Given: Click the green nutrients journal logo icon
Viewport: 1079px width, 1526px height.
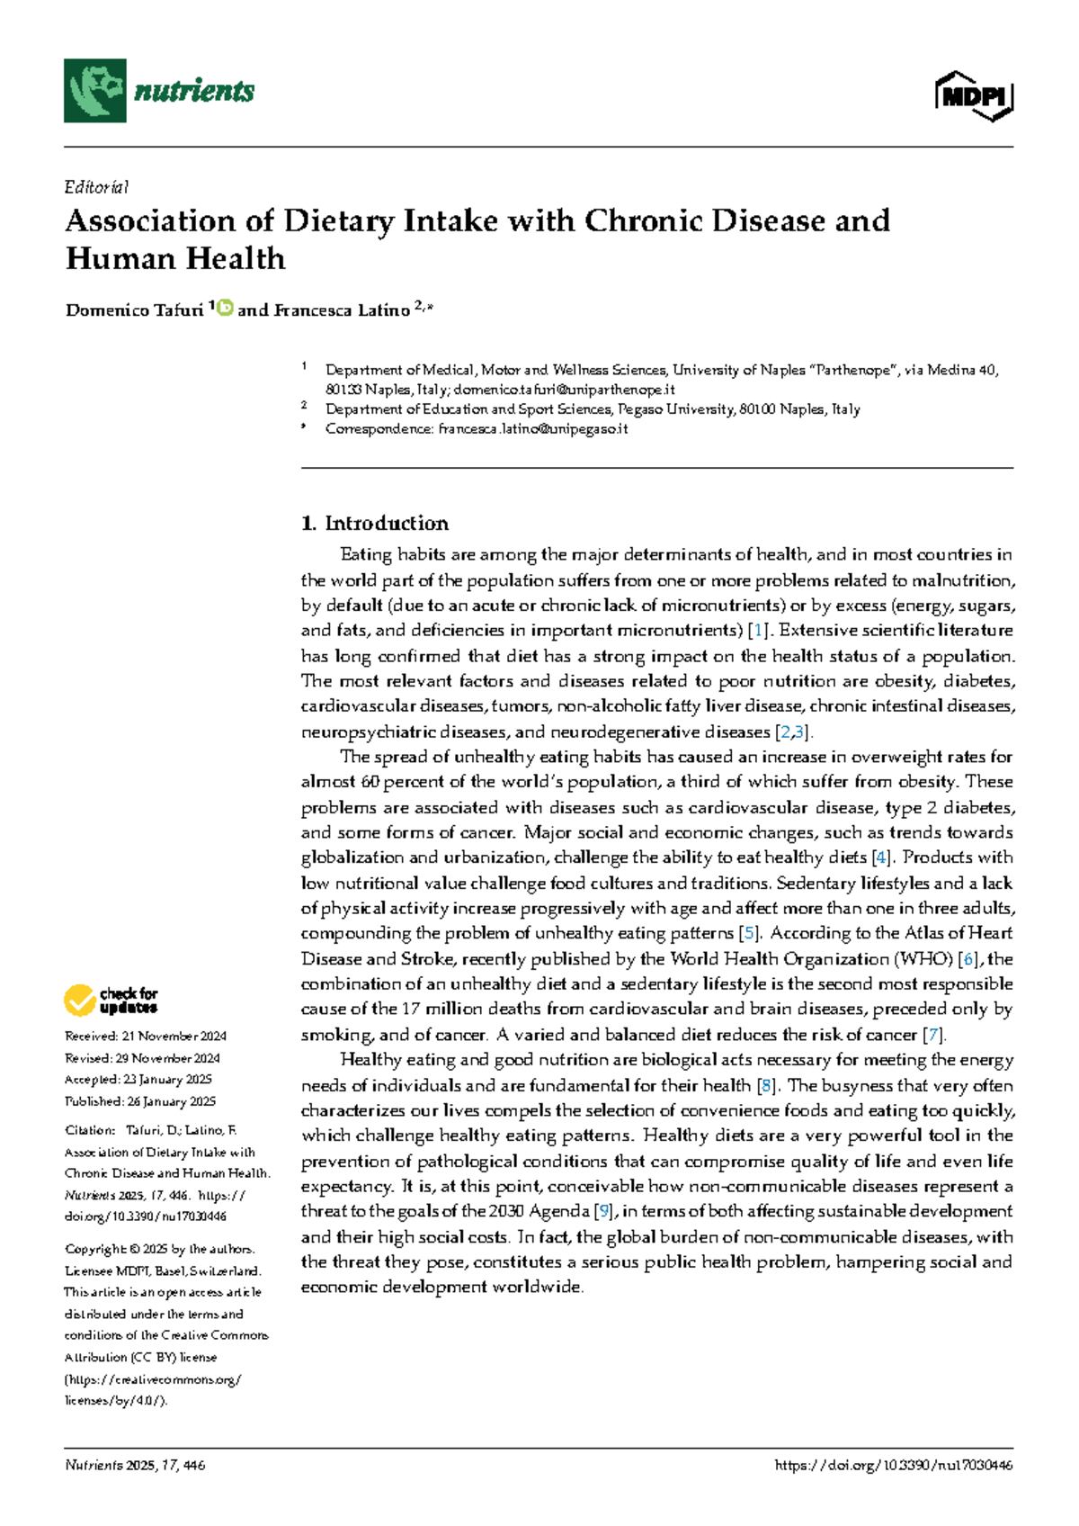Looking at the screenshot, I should coord(94,90).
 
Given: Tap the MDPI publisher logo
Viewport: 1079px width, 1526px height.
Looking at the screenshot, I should coord(974,95).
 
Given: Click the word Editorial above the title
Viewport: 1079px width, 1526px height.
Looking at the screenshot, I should coord(96,187).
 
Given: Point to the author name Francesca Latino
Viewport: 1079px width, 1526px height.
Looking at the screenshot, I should coord(342,310).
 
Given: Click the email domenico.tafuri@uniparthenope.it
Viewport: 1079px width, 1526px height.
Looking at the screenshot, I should coord(564,390).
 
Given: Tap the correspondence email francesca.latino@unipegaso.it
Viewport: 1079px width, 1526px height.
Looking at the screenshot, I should coord(532,429).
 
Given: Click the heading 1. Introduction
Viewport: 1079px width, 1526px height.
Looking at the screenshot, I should coord(375,523).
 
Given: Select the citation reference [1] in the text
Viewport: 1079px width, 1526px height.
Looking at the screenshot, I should coord(760,631).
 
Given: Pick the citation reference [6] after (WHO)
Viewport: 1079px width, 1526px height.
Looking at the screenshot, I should coord(968,959).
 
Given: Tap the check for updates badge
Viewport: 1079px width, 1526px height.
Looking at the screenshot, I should coord(111,1000).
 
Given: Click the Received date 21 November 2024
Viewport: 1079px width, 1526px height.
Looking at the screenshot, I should coord(145,1037).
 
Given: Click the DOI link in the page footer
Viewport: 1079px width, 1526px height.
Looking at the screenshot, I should coord(893,1466).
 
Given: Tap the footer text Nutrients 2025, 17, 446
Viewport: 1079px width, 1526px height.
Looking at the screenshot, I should coord(135,1466).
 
